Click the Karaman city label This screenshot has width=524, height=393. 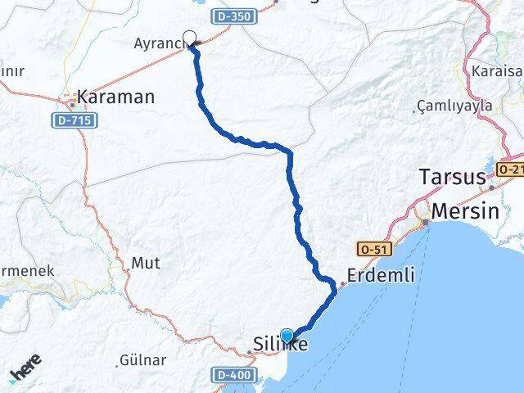tap(115, 97)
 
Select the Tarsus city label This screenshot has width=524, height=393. tap(451, 177)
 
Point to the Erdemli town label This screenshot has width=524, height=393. tap(381, 276)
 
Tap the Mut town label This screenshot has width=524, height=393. tap(146, 264)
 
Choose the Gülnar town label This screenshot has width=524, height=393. tap(142, 359)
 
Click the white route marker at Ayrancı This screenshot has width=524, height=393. tap(190, 37)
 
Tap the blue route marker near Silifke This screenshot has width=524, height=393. tap(287, 335)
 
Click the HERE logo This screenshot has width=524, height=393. tap(26, 373)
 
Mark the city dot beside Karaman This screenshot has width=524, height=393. tap(73, 103)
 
